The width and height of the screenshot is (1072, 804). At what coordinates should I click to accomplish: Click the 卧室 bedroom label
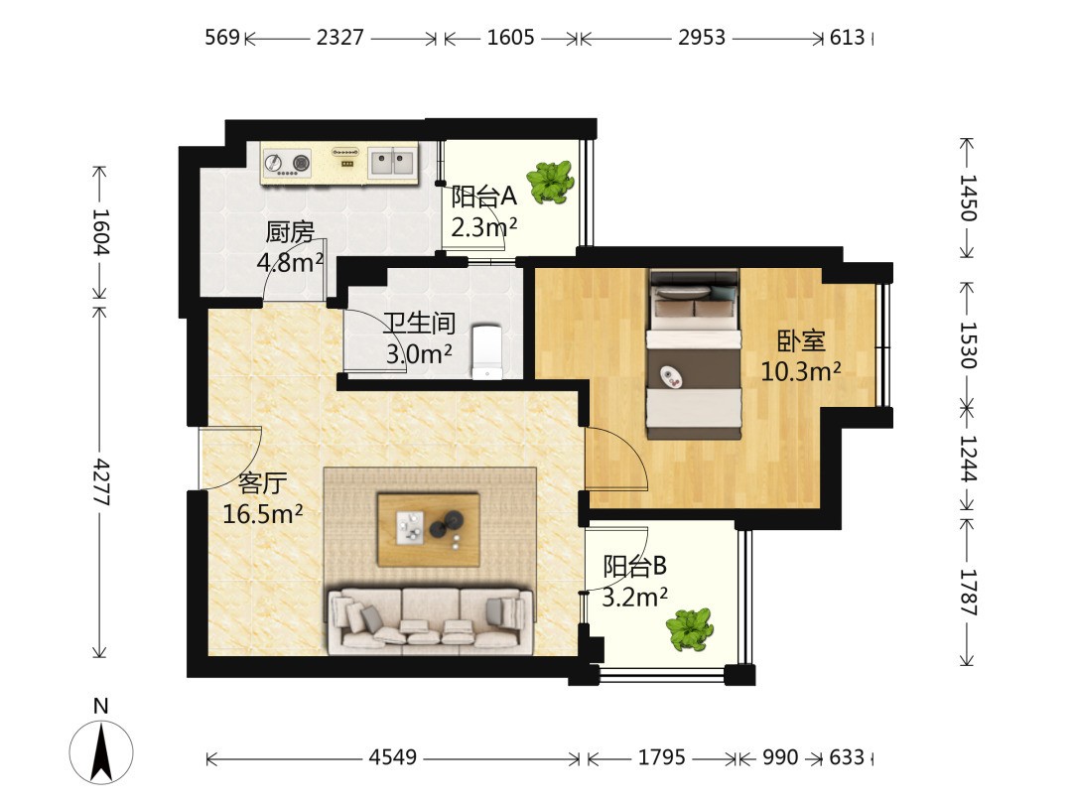(801, 341)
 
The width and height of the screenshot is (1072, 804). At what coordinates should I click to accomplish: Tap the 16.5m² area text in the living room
(262, 513)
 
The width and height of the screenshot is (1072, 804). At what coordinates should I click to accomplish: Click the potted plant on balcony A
(550, 182)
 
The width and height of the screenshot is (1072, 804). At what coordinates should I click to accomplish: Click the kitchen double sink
(393, 163)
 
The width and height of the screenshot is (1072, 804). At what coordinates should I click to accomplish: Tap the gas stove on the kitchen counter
(287, 164)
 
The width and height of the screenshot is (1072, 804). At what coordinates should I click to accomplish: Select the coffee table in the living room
(429, 529)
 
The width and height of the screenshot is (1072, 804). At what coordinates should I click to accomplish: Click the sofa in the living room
(431, 620)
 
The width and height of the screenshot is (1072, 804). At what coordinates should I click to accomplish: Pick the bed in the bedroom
(694, 354)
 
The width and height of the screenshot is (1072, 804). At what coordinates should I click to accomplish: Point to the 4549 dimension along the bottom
(392, 757)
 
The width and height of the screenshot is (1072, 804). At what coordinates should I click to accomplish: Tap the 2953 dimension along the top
(702, 37)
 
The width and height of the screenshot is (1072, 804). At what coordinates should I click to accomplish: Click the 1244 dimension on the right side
(968, 458)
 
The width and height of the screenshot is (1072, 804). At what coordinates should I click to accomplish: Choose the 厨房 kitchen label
(290, 232)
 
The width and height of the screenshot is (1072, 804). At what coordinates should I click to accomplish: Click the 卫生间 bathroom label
(419, 324)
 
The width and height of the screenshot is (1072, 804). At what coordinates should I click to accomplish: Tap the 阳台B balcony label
(634, 566)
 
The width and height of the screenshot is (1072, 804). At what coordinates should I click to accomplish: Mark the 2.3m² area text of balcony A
(484, 226)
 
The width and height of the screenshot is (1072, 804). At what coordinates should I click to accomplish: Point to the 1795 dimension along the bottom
(661, 757)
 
